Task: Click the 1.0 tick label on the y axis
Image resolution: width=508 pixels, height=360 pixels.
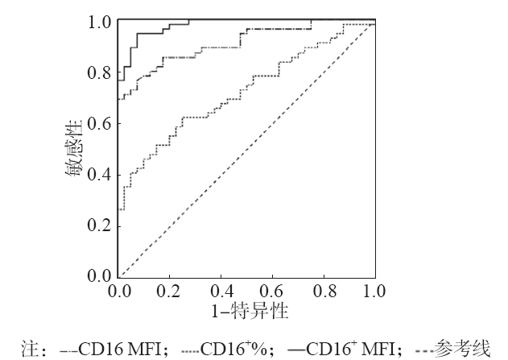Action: point(101,23)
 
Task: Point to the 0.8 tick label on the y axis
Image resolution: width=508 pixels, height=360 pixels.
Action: point(101,73)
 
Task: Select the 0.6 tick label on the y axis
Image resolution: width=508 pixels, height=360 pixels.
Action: point(101,124)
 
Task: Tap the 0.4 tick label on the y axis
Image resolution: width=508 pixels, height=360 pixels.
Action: point(101,175)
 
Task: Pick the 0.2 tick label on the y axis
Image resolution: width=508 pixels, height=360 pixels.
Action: point(101,226)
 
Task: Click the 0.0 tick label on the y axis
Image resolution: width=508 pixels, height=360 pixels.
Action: point(101,276)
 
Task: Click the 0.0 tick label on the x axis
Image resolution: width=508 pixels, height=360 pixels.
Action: point(118,290)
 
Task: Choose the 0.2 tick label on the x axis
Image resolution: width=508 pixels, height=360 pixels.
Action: point(170,290)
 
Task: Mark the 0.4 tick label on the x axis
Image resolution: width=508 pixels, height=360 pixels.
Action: point(221,290)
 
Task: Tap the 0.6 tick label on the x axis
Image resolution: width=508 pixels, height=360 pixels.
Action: point(272,290)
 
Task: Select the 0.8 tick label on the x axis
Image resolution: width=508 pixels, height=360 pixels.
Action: point(324,290)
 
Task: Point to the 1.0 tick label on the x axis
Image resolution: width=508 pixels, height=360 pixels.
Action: point(374,290)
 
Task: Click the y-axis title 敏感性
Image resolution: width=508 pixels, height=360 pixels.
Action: point(73,150)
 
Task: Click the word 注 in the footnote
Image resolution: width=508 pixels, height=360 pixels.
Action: point(27,349)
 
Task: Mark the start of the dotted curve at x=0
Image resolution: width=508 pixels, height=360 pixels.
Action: point(119,209)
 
